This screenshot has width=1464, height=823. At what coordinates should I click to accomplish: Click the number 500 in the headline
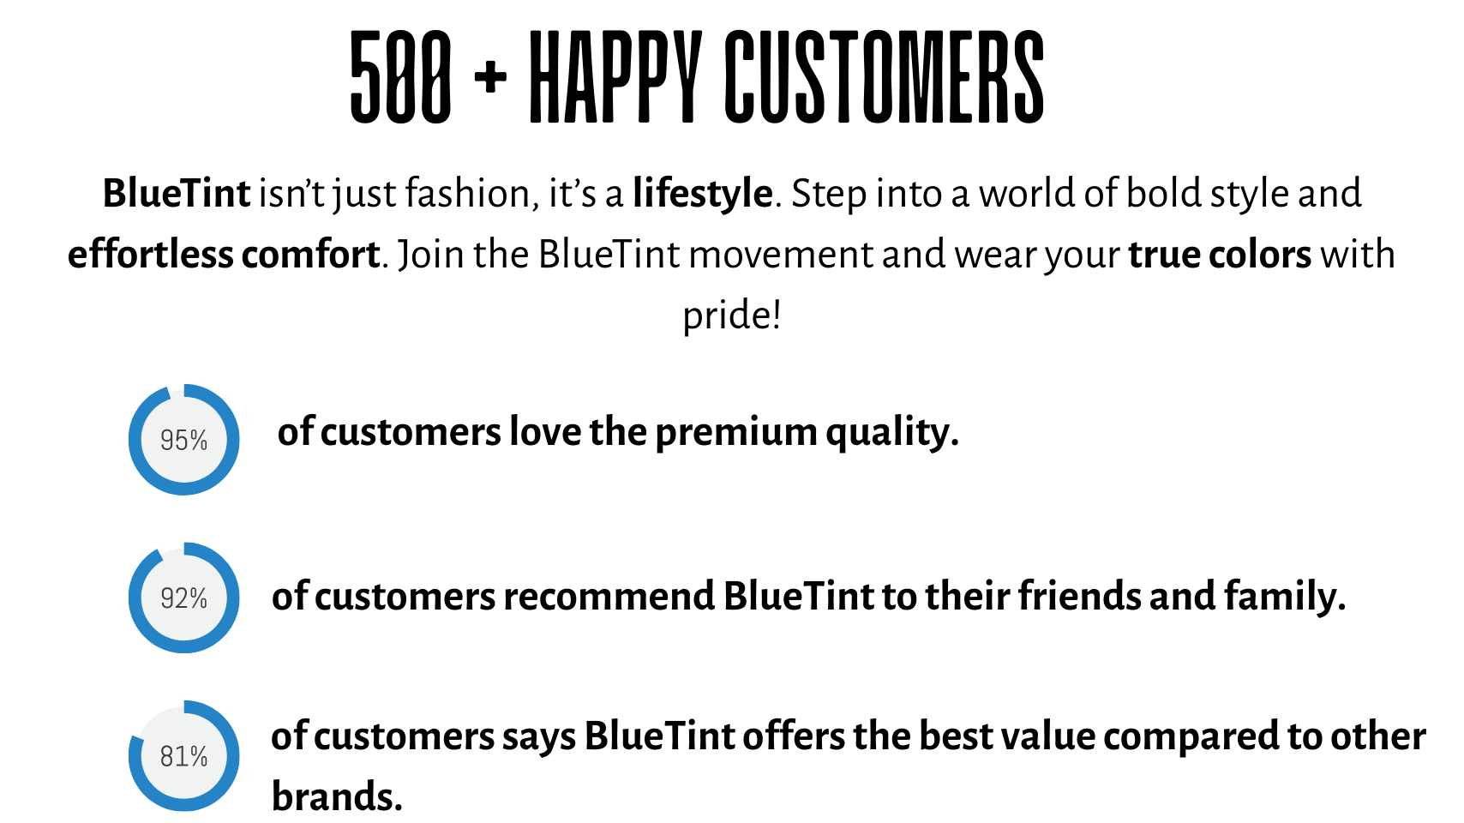pyautogui.click(x=400, y=77)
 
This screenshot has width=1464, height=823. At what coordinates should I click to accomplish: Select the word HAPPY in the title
pyautogui.click(x=615, y=77)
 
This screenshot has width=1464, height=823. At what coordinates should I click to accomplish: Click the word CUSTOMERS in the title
pyautogui.click(x=885, y=77)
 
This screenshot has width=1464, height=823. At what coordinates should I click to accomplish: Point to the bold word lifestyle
pyautogui.click(x=703, y=194)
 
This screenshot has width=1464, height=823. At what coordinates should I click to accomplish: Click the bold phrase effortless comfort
pyautogui.click(x=224, y=255)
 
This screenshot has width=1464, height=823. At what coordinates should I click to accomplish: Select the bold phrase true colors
pyautogui.click(x=1220, y=255)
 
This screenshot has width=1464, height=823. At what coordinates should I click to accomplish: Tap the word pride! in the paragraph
pyautogui.click(x=731, y=315)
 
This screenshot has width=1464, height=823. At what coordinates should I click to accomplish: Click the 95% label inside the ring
pyautogui.click(x=183, y=441)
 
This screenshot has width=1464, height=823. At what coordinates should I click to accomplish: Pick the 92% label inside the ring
pyautogui.click(x=183, y=598)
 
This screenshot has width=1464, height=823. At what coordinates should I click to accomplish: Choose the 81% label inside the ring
pyautogui.click(x=183, y=757)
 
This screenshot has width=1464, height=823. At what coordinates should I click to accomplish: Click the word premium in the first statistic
pyautogui.click(x=736, y=434)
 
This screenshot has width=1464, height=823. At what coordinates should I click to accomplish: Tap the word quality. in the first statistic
pyautogui.click(x=892, y=434)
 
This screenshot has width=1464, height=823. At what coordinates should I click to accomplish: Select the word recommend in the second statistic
pyautogui.click(x=609, y=597)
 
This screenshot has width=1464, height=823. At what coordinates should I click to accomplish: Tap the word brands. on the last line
pyautogui.click(x=337, y=796)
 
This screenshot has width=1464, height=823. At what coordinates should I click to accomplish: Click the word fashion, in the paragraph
pyautogui.click(x=471, y=194)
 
